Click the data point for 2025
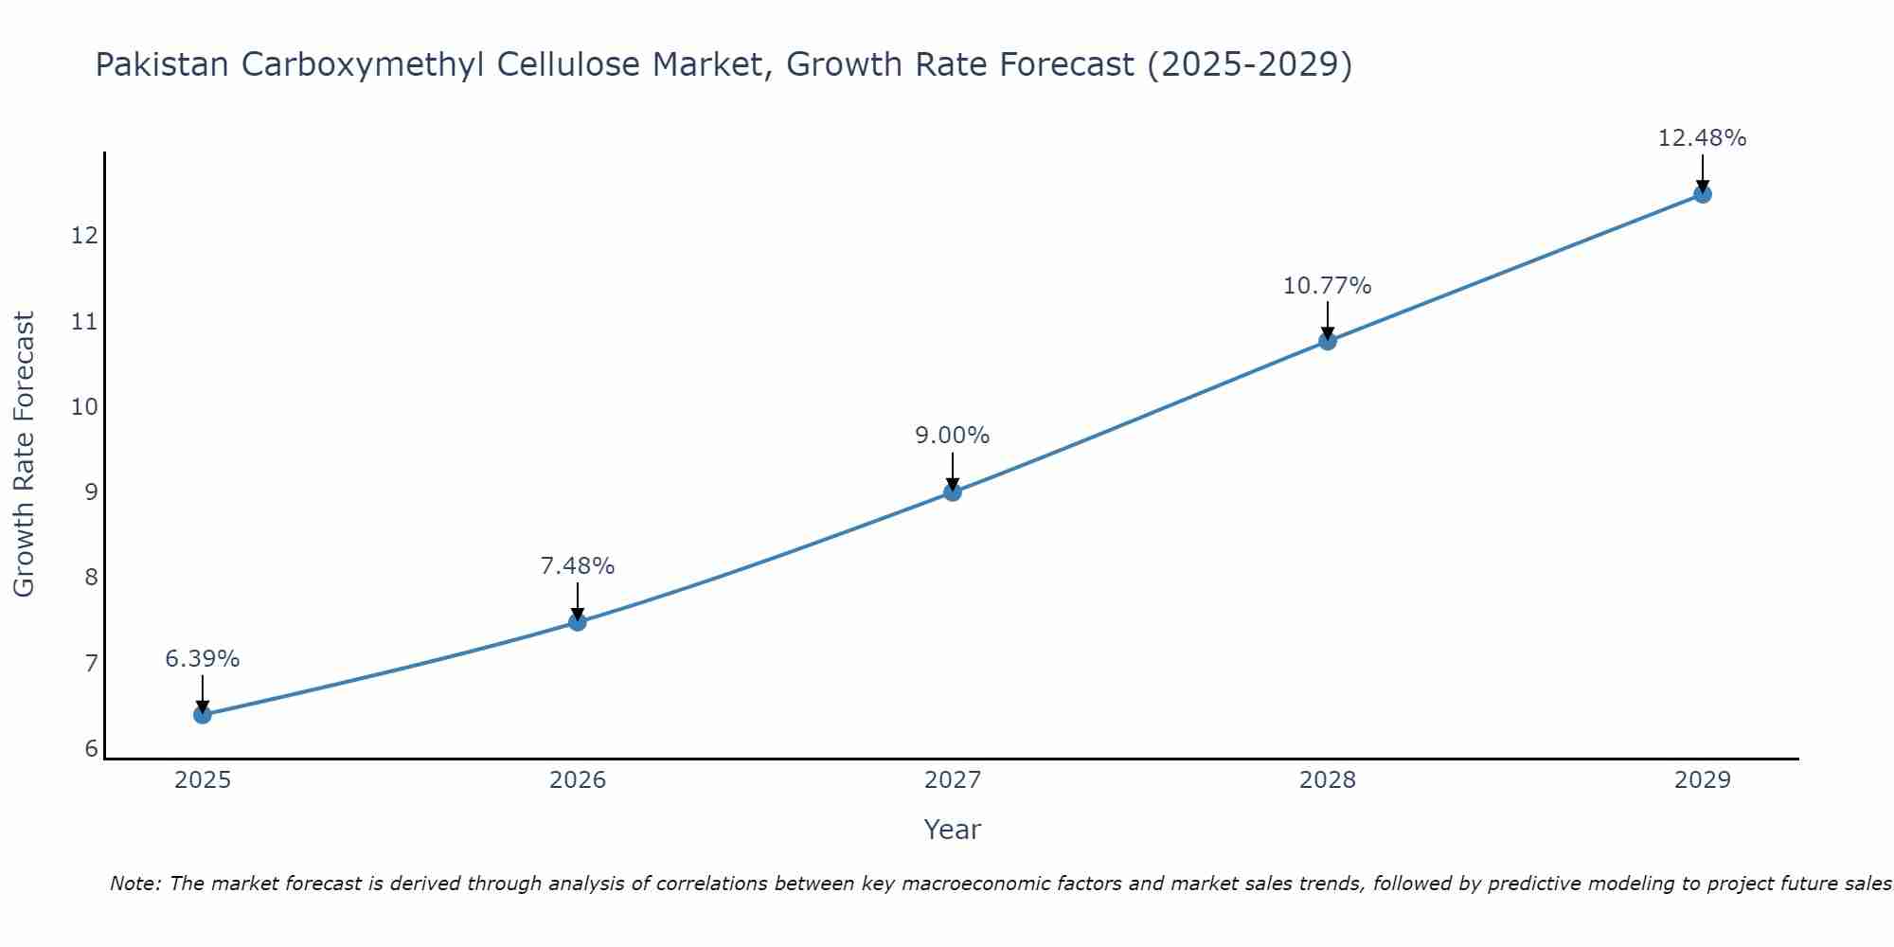pyautogui.click(x=203, y=714)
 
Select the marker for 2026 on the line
pyautogui.click(x=578, y=622)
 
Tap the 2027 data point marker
pyautogui.click(x=953, y=491)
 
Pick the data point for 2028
pyautogui.click(x=1328, y=341)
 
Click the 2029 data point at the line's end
pyautogui.click(x=1702, y=194)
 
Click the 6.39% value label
pyautogui.click(x=203, y=659)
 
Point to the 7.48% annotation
pyautogui.click(x=578, y=566)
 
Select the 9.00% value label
pyautogui.click(x=953, y=436)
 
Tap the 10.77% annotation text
pyautogui.click(x=1328, y=286)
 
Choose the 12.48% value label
pyautogui.click(x=1702, y=138)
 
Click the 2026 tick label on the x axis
pyautogui.click(x=578, y=780)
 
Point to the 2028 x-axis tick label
pyautogui.click(x=1328, y=780)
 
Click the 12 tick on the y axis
pyautogui.click(x=84, y=236)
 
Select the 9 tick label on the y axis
pyautogui.click(x=91, y=492)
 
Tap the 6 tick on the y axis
pyautogui.click(x=91, y=749)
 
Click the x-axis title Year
pyautogui.click(x=953, y=830)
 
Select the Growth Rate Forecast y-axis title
pyautogui.click(x=25, y=455)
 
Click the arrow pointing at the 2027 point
pyautogui.click(x=953, y=471)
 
